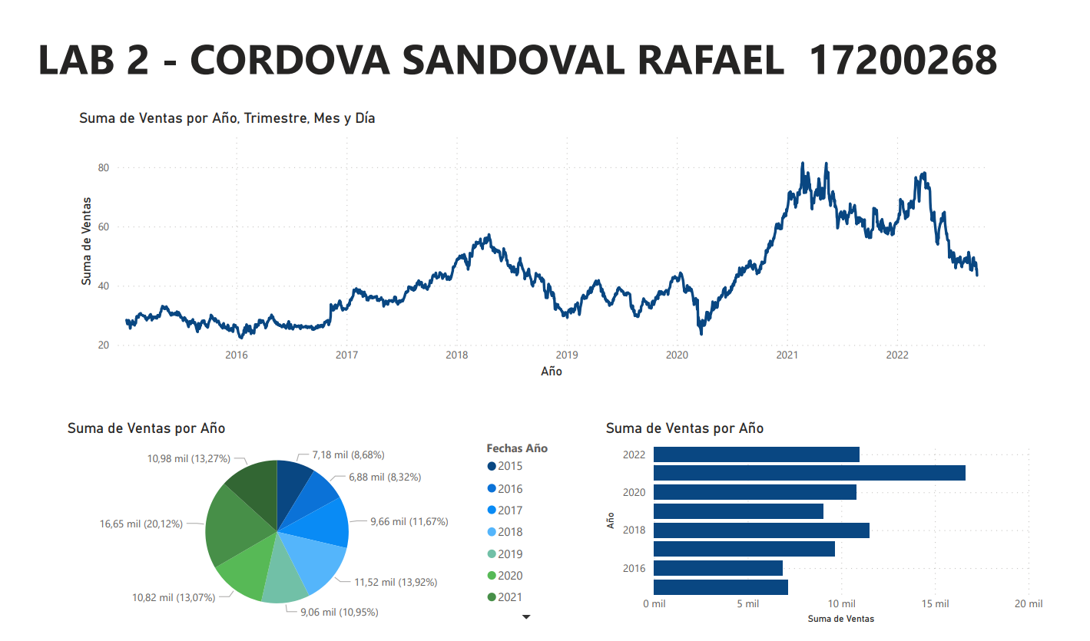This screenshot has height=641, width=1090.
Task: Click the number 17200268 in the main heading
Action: click(903, 60)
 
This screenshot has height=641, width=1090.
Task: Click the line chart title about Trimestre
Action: click(227, 118)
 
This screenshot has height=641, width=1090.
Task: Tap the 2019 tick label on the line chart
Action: click(566, 355)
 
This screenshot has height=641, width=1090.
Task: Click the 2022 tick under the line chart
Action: click(897, 355)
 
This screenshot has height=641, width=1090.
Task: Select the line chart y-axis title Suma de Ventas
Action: click(87, 241)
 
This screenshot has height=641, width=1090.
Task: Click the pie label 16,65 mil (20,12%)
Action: click(141, 524)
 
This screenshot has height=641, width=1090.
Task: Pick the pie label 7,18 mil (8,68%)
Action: click(348, 455)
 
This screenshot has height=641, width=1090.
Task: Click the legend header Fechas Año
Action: click(517, 448)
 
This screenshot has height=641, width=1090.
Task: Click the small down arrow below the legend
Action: click(526, 616)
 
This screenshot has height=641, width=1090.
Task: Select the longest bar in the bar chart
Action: click(809, 473)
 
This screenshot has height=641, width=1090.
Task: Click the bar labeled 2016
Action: click(717, 568)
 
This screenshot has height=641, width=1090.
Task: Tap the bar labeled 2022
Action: click(756, 454)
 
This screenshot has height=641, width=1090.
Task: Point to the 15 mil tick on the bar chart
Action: click(935, 604)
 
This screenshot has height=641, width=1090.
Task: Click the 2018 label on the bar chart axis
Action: click(634, 530)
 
